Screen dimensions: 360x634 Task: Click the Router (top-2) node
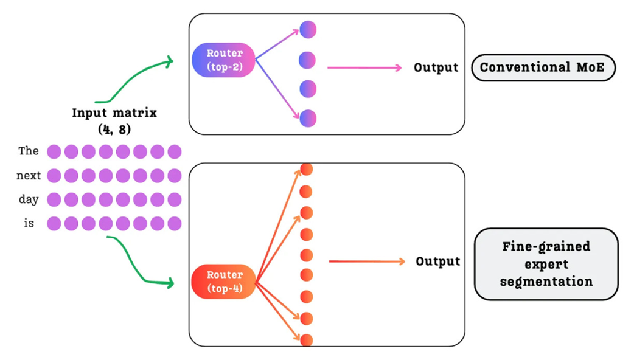tap(223, 60)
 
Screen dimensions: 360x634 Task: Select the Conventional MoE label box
tap(543, 67)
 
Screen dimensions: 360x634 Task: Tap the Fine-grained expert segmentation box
tap(546, 265)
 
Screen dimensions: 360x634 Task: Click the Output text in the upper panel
tap(436, 67)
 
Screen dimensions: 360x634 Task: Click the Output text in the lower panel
tap(438, 261)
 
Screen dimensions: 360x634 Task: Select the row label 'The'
tap(29, 151)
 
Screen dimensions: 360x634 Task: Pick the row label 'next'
tap(29, 176)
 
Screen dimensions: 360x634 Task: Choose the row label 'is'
tap(29, 224)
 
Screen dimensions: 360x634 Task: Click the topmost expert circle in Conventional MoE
tap(308, 30)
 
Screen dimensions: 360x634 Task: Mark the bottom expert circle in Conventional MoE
tap(308, 118)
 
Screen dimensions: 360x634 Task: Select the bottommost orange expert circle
tap(306, 340)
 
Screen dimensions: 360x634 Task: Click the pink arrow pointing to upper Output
tap(364, 67)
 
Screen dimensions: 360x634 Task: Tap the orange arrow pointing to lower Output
tap(367, 261)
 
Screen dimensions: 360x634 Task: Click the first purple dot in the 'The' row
tap(54, 151)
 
